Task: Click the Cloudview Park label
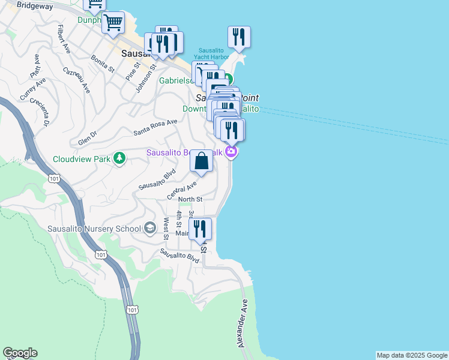pos(82,159)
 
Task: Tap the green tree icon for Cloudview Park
pos(120,158)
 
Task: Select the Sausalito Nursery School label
pos(94,228)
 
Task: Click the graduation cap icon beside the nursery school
pos(150,227)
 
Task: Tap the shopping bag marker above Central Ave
pos(202,161)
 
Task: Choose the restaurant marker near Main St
pos(200,229)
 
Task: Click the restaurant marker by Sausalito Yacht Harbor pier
pos(239,37)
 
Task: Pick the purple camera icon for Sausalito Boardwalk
pos(231,152)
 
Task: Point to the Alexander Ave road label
pos(244,323)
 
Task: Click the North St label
pos(190,199)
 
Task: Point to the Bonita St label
pos(103,63)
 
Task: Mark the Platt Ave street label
pos(34,67)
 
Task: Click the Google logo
pos(20,353)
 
